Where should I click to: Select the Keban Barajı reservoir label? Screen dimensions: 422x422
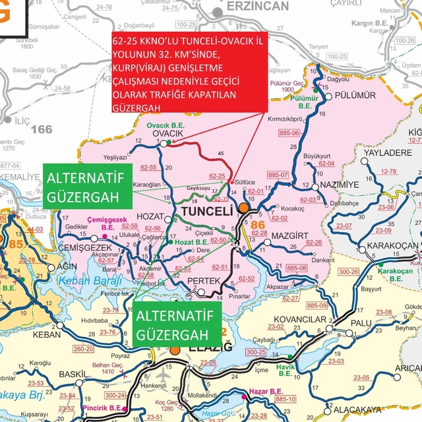(83, 282)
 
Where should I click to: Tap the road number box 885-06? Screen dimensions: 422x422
(289, 133)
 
